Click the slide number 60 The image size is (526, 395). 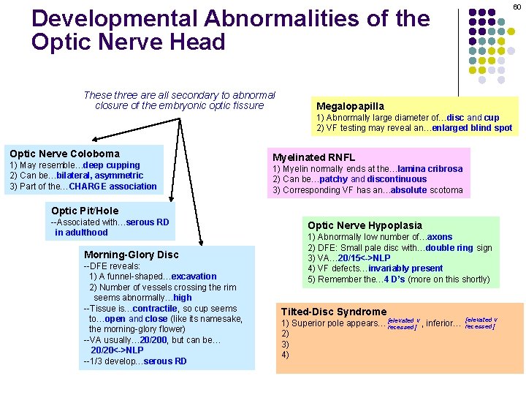(x=516, y=7)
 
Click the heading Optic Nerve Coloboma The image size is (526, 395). (x=64, y=154)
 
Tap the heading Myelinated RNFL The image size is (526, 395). (x=313, y=157)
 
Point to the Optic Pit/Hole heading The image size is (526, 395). (x=85, y=211)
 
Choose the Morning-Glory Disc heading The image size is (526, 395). (x=131, y=255)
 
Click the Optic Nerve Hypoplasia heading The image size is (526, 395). (x=365, y=225)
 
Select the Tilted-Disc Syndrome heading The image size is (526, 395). (x=334, y=312)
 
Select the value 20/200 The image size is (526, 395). (x=155, y=340)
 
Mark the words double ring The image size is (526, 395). (x=451, y=248)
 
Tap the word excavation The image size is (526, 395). (x=193, y=276)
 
